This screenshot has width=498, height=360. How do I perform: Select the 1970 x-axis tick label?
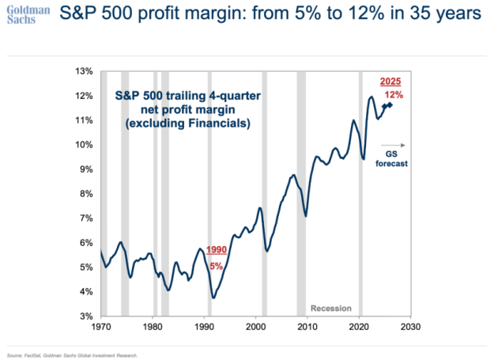pyautogui.click(x=101, y=326)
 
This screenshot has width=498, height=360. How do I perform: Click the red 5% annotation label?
pyautogui.click(x=216, y=266)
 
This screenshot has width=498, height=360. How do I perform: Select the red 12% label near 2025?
pyautogui.click(x=394, y=95)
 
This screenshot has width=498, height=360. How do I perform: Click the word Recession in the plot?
pyautogui.click(x=330, y=308)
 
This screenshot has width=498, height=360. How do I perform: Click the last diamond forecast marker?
pyautogui.click(x=390, y=104)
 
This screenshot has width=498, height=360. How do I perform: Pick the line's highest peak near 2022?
pyautogui.click(x=372, y=97)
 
